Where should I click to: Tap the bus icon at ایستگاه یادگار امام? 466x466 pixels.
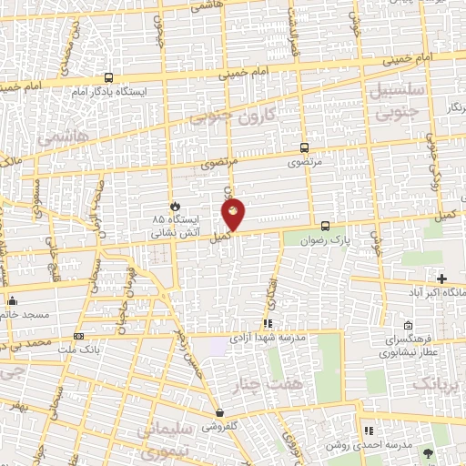108,78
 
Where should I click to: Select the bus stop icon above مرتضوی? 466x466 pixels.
304,147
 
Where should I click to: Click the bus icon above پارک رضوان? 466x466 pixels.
325,226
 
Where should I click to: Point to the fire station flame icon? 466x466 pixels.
176,205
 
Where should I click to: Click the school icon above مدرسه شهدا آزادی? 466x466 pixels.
267,323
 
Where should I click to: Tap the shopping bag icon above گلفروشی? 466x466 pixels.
218,412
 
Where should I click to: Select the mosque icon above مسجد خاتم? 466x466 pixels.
12,299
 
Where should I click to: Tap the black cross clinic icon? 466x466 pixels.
442,278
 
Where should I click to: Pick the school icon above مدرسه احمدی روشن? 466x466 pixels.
368,431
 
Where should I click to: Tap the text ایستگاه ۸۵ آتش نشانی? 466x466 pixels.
177,226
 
